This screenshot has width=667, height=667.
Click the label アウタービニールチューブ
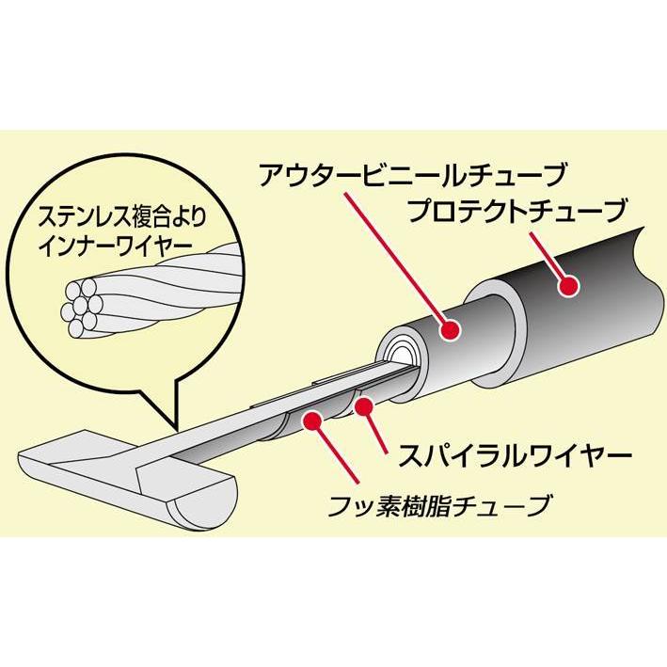click(x=412, y=175)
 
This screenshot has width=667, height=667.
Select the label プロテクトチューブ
click(x=517, y=211)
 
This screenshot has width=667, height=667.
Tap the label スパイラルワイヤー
click(x=515, y=455)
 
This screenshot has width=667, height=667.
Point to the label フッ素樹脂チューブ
click(x=437, y=505)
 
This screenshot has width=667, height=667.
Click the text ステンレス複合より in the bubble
click(x=122, y=217)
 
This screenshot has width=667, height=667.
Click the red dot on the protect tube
click(x=568, y=286)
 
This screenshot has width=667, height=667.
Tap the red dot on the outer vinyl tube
click(x=451, y=329)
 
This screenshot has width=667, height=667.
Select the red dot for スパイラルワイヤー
click(x=364, y=406)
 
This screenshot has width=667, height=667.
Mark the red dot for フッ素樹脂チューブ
click(x=312, y=421)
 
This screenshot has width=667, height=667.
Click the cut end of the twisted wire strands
click(x=82, y=307)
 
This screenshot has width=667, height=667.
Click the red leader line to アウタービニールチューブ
click(x=397, y=261)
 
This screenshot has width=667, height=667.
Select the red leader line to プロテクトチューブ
click(x=549, y=259)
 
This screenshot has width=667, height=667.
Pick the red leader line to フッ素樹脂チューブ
click(x=336, y=452)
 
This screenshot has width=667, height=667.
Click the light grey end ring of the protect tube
click(x=495, y=329)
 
